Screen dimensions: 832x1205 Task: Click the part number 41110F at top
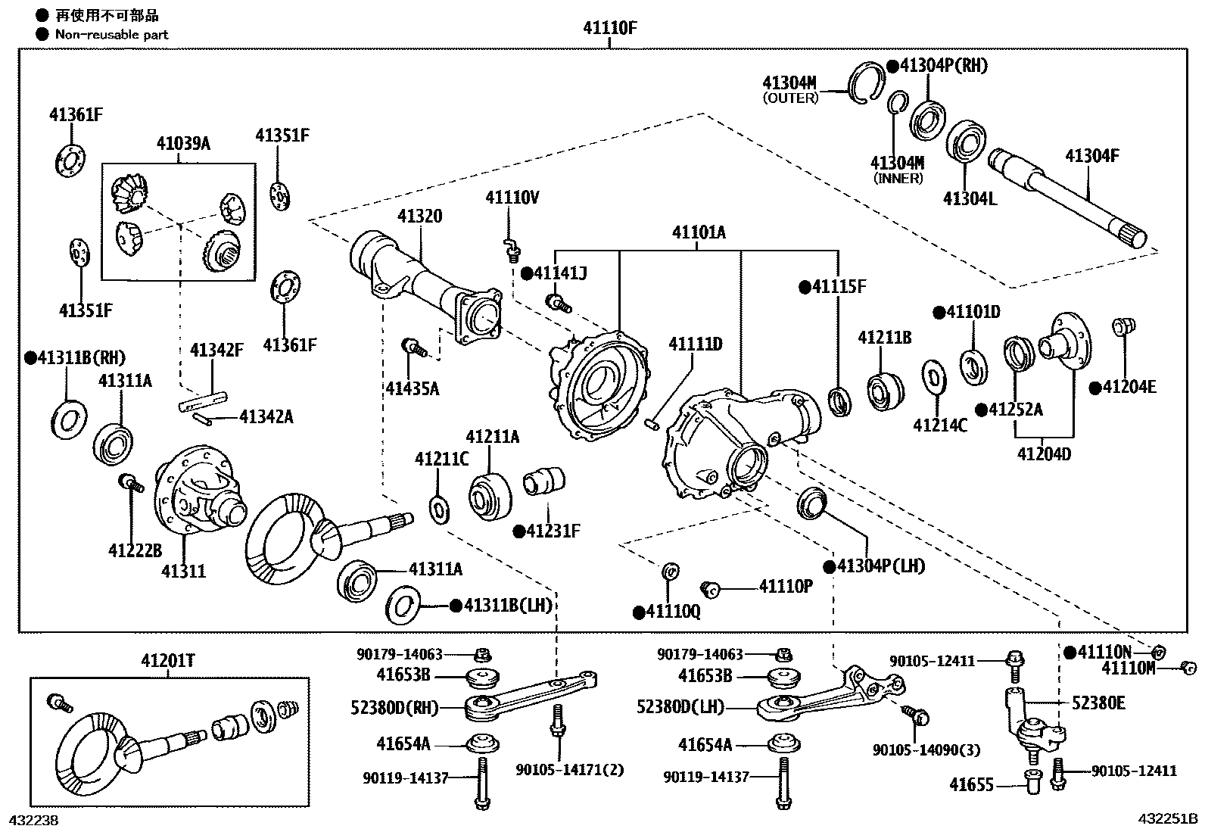[610, 29]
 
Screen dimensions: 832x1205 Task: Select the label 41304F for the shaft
[1091, 157]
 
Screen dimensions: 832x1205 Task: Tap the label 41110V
[512, 198]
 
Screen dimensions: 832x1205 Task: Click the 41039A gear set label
[183, 143]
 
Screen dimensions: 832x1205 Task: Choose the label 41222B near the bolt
[135, 550]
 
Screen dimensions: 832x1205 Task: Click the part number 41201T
[167, 661]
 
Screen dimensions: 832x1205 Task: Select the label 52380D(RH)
[405, 708]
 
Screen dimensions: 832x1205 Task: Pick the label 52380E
[1098, 703]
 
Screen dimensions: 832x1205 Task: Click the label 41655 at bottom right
[971, 785]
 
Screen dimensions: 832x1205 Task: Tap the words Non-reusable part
[111, 34]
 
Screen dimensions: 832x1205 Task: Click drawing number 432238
[33, 820]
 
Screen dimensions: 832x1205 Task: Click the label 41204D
[1044, 454]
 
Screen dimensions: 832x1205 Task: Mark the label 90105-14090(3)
[926, 750]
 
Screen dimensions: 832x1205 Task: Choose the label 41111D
[695, 344]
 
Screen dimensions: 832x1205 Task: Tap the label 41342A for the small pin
[266, 416]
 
